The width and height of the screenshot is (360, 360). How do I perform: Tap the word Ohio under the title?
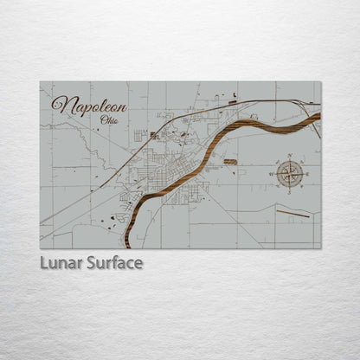point(111,119)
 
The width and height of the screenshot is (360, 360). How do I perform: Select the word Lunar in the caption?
point(61,262)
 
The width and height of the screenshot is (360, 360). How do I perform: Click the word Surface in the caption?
point(113,262)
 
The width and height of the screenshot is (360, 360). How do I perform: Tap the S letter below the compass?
point(291,191)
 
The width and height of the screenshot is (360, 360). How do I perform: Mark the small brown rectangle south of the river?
point(230,162)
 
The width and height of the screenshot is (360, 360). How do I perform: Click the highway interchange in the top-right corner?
point(304,105)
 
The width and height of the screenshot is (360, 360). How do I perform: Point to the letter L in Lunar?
point(43,262)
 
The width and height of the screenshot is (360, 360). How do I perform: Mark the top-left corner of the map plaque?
point(40,81)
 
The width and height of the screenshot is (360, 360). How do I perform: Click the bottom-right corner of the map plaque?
point(320,248)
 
